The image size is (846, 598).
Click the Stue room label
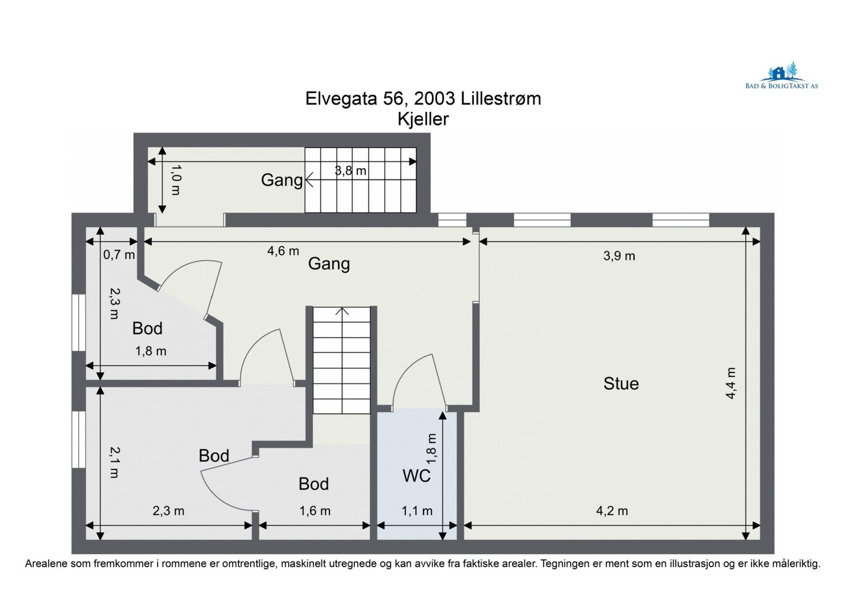[x=621, y=384]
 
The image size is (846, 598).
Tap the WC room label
[x=416, y=476]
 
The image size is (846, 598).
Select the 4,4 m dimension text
[x=730, y=383]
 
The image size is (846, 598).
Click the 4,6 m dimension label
[x=283, y=251]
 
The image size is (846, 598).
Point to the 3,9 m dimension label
[x=619, y=256]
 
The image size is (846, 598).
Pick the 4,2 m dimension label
[x=612, y=511]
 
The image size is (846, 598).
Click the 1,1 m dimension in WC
[x=417, y=511]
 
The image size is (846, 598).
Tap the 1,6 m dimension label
[x=315, y=511]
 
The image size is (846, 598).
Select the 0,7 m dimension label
[x=119, y=255]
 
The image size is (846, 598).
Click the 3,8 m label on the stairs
[x=350, y=171]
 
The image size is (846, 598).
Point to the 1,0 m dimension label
[x=176, y=180]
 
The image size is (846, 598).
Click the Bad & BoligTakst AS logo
[x=781, y=76]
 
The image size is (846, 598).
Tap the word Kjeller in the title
[x=423, y=119]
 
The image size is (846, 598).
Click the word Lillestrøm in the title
[x=501, y=99]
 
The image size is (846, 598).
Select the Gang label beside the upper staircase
[x=282, y=180]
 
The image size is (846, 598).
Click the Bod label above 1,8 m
[x=148, y=329]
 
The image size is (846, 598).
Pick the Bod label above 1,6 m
[x=314, y=484]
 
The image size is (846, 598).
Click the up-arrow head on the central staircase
[x=342, y=311]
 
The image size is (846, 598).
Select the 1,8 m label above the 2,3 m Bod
[x=151, y=351]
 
